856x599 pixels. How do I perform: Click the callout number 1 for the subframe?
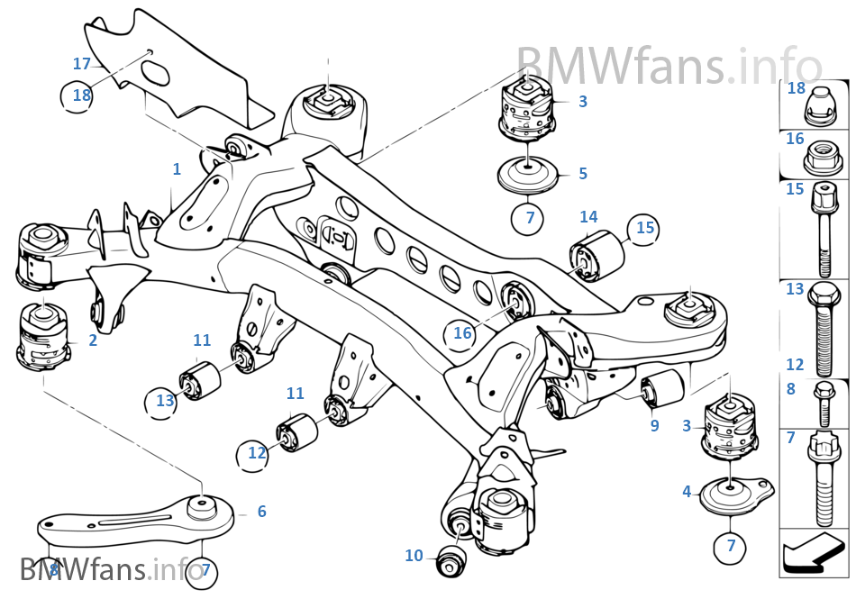tap(177, 169)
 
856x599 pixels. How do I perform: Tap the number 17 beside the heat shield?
tap(81, 64)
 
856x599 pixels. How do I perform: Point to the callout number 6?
tap(261, 511)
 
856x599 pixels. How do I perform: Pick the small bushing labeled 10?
tap(451, 558)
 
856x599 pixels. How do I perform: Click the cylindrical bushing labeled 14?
tap(597, 255)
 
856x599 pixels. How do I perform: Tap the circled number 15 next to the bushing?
tap(644, 228)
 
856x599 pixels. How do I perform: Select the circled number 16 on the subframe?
tap(462, 332)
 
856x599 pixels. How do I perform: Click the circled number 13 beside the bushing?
tap(164, 401)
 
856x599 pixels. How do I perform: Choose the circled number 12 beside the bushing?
tap(256, 453)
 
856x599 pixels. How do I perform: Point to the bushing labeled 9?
tap(662, 388)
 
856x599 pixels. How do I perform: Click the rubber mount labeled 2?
tap(43, 337)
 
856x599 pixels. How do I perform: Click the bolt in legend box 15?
tap(824, 230)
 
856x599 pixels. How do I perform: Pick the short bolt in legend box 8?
tap(823, 403)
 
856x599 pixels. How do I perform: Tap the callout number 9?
tap(654, 425)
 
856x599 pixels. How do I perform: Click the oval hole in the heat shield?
tap(155, 73)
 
